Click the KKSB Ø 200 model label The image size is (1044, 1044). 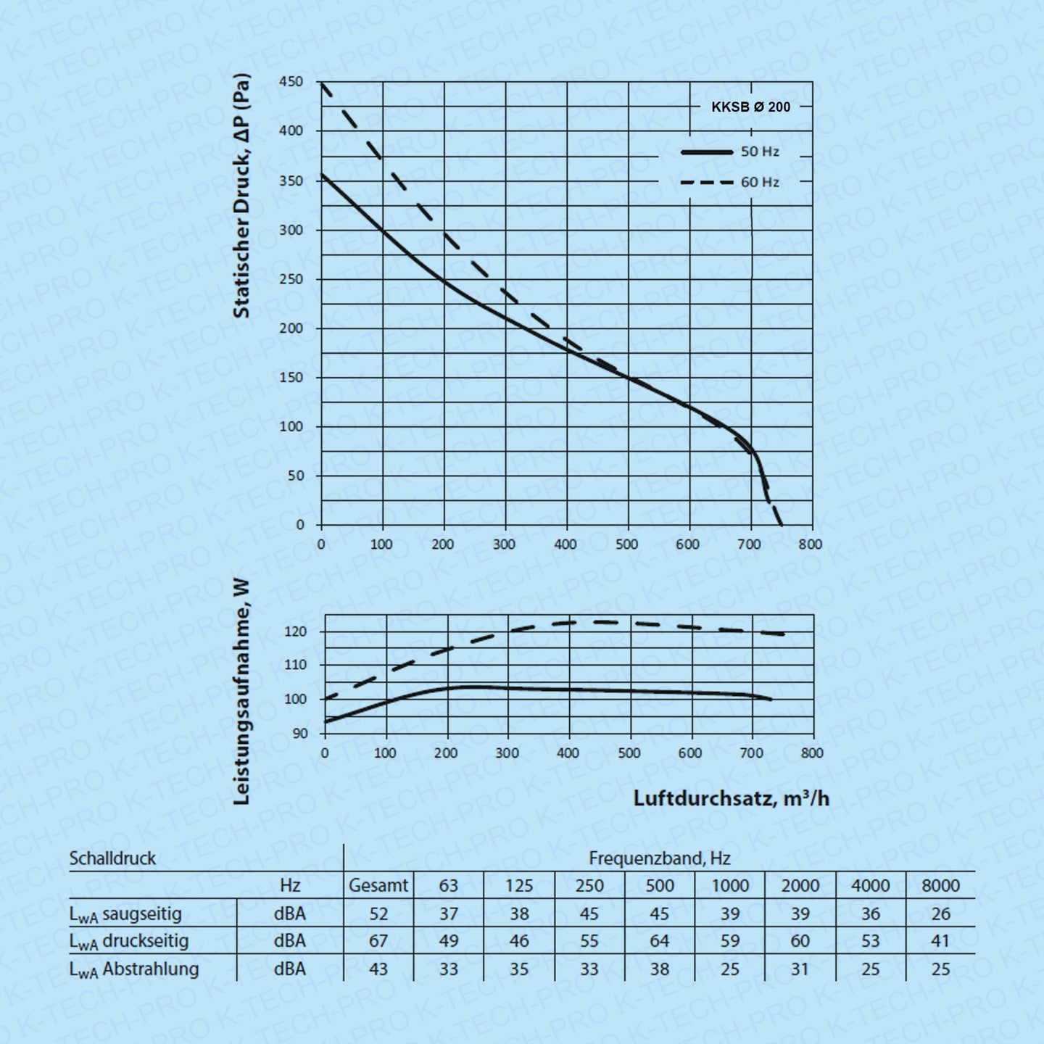(x=750, y=107)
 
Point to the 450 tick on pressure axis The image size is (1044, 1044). (x=291, y=82)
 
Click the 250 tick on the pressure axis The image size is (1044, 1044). (x=291, y=279)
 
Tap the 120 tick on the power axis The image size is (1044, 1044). (x=296, y=631)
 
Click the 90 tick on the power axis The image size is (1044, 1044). (x=299, y=733)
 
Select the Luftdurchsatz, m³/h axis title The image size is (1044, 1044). (x=731, y=798)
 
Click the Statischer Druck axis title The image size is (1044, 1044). (x=241, y=196)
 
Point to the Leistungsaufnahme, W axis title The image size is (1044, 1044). (x=241, y=692)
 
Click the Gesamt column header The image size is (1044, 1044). (x=378, y=885)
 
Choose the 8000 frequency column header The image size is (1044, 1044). (x=940, y=885)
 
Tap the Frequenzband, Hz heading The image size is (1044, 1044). (x=659, y=858)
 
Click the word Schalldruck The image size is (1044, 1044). (x=112, y=858)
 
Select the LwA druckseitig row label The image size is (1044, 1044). (x=128, y=941)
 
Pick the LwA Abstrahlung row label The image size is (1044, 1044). (x=133, y=969)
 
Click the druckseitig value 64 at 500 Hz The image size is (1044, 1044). (x=659, y=941)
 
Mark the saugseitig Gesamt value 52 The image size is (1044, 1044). (x=378, y=913)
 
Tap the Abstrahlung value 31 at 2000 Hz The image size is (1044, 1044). (x=800, y=969)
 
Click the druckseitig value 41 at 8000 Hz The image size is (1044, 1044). (x=940, y=941)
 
